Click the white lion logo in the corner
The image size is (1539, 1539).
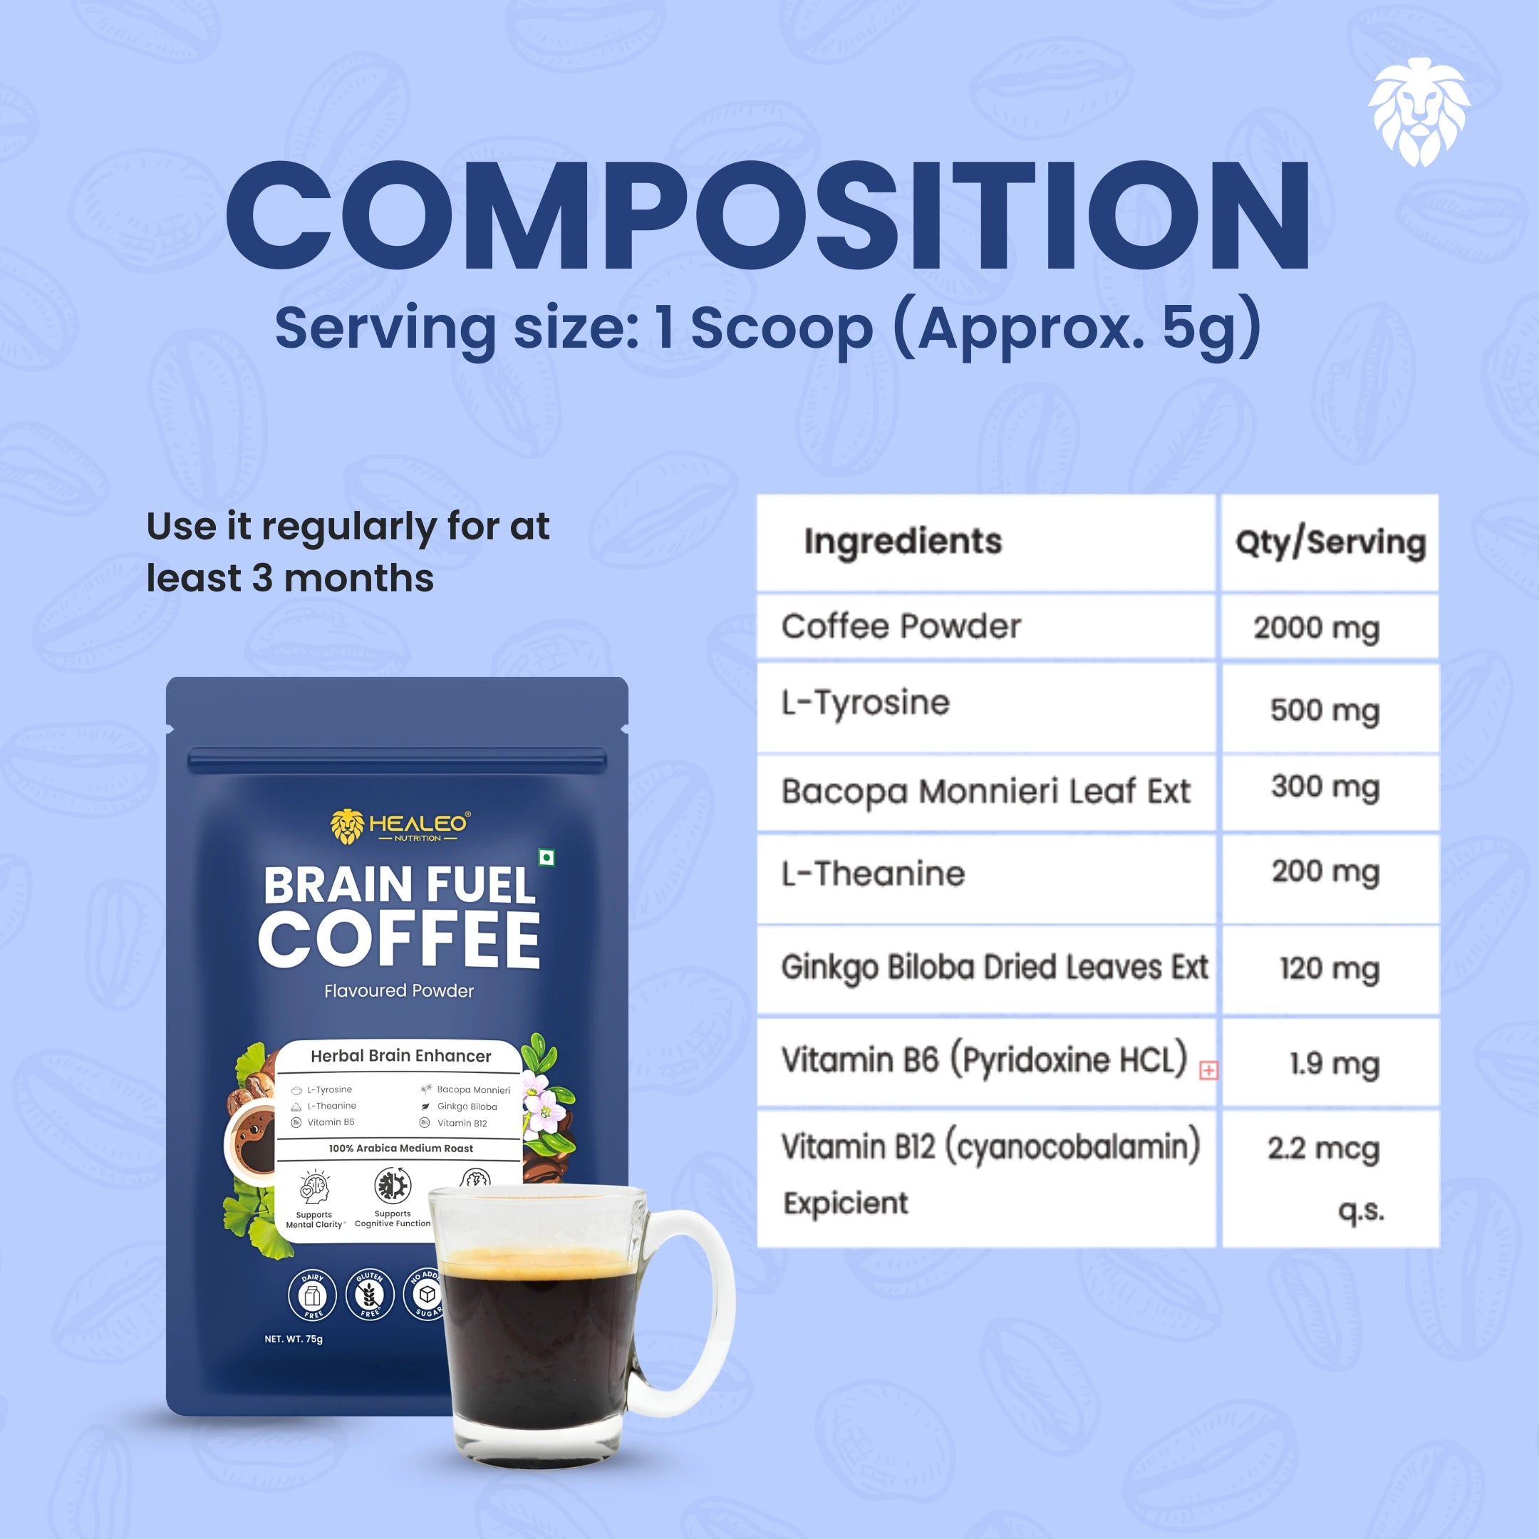point(1419,112)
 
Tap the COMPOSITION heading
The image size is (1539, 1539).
point(769,217)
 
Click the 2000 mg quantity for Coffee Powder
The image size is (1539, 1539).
point(1316,628)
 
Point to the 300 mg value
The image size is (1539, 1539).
point(1325,787)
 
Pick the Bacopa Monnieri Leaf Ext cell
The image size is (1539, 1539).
point(985,792)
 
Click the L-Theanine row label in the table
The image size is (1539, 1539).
point(873,874)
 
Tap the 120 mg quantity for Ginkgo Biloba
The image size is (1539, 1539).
point(1330,970)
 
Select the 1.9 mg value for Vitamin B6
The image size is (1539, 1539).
point(1335,1064)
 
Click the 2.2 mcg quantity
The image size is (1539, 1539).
point(1323,1149)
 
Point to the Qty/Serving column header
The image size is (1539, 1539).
point(1330,543)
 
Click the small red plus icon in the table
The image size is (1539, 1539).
point(1208,1071)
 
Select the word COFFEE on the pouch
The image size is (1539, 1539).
point(399,939)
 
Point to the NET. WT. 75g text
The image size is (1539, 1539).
point(293,1339)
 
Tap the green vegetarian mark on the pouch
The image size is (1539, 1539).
point(546,858)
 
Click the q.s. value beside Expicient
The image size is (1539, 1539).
point(1361,1211)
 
